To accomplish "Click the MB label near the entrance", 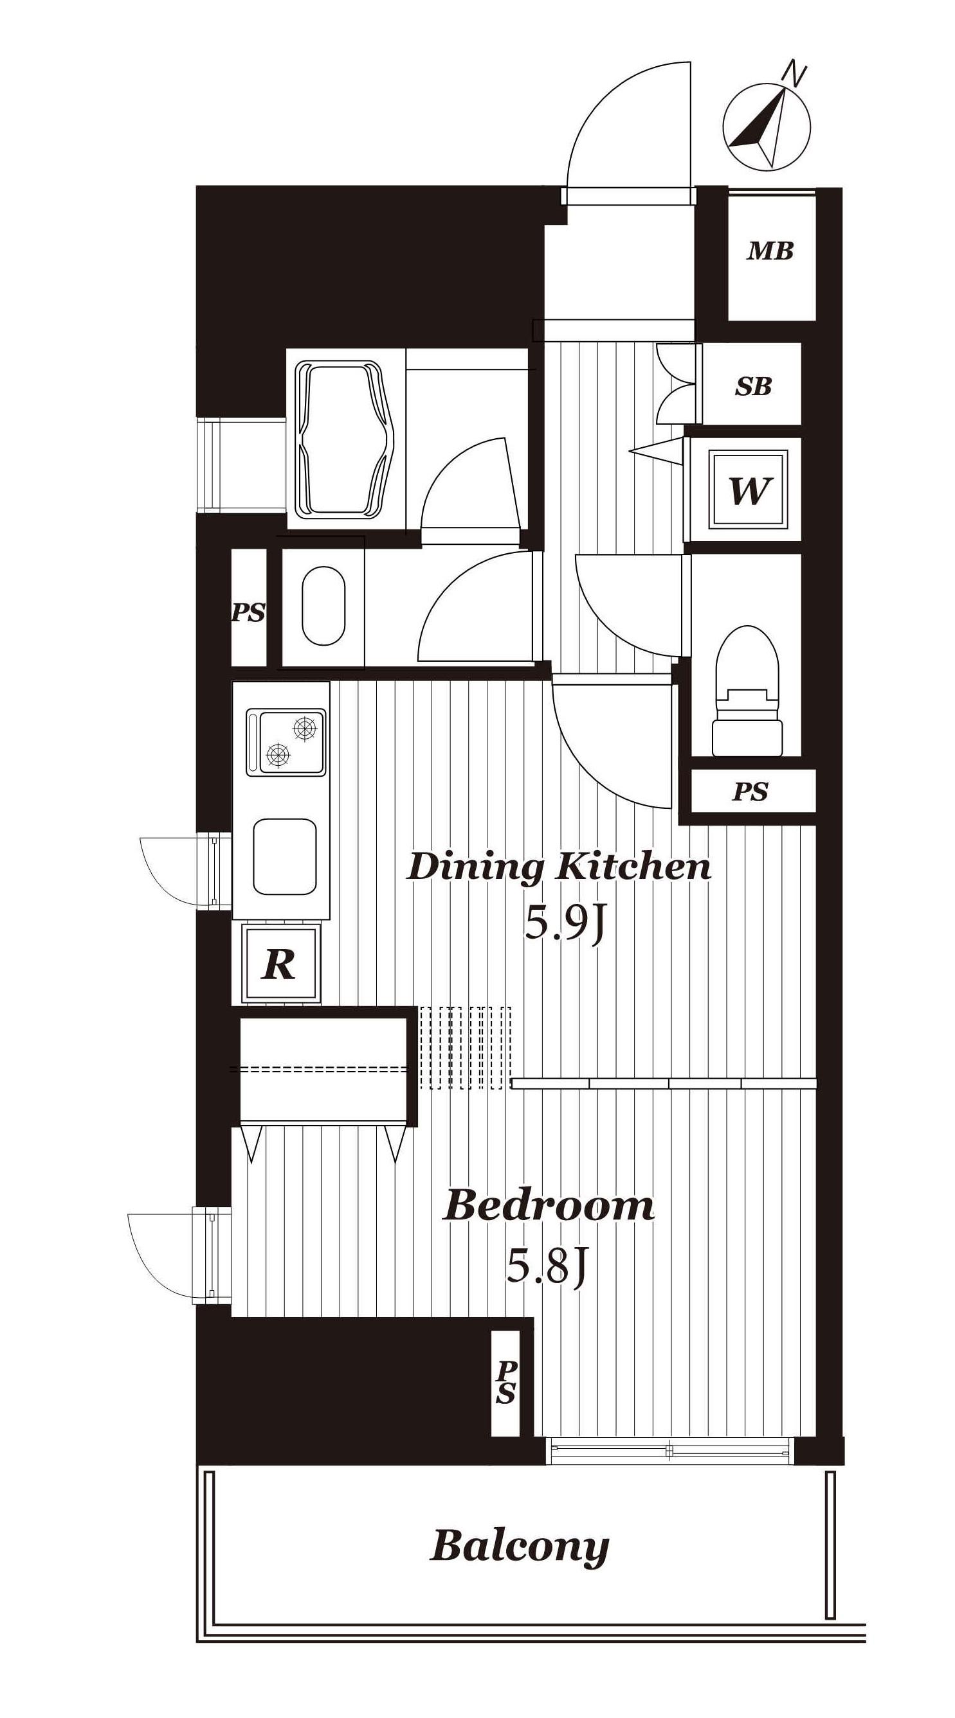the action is (770, 251).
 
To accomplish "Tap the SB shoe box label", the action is (753, 386).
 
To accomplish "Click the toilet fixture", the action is (747, 690).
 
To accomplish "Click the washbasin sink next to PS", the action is (323, 607).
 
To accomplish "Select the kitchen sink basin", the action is (284, 856).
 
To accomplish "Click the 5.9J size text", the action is (564, 925).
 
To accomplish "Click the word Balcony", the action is (520, 1546).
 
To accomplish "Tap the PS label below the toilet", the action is (750, 792).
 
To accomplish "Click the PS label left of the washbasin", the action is (248, 612).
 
